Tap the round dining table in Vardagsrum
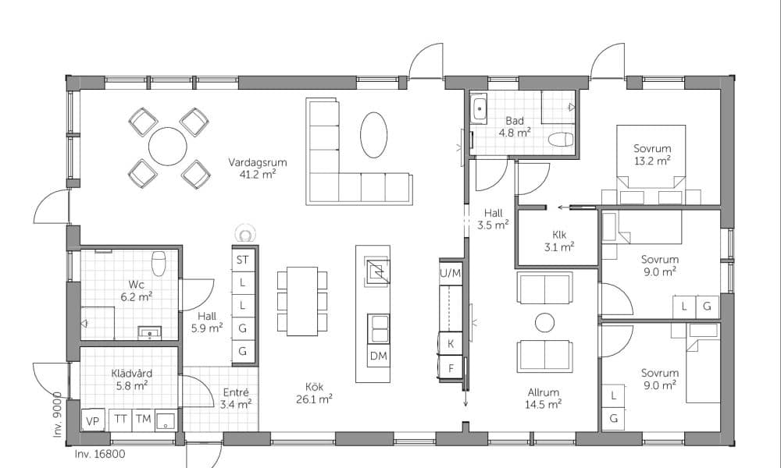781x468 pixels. [x=168, y=147]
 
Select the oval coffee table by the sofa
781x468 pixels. [x=373, y=135]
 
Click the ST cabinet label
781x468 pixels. [x=243, y=260]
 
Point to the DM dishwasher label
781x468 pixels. [x=379, y=356]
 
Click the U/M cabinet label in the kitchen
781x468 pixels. [x=451, y=273]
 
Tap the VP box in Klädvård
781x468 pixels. [x=93, y=421]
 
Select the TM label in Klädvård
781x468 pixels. [x=144, y=420]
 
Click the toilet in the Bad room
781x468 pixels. [x=561, y=140]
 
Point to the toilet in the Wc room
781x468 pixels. [x=159, y=263]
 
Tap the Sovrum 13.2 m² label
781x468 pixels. [x=652, y=154]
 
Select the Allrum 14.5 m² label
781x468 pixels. [x=544, y=399]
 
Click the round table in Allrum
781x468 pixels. [x=545, y=323]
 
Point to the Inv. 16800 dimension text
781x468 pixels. [x=100, y=454]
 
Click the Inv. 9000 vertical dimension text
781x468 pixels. [x=58, y=415]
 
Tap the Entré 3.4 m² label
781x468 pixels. [x=236, y=399]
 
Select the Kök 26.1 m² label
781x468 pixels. [x=314, y=393]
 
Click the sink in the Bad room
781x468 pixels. [x=480, y=108]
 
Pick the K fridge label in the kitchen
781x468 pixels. [x=451, y=344]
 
